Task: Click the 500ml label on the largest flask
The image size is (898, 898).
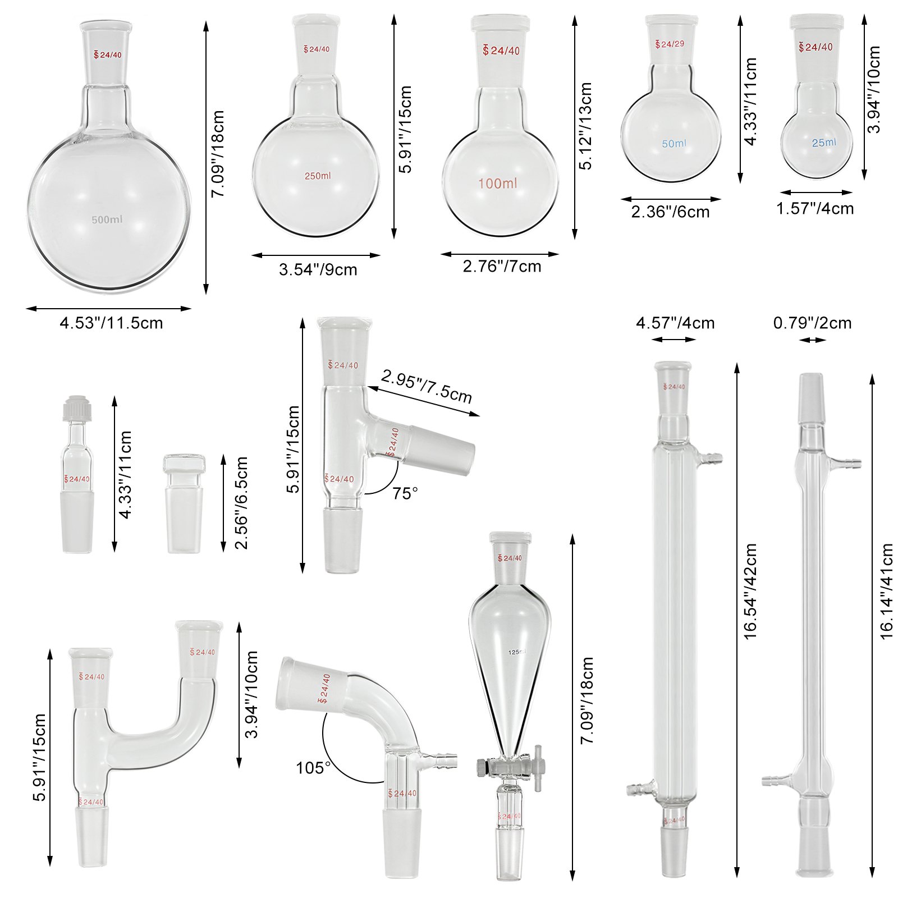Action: click(x=107, y=219)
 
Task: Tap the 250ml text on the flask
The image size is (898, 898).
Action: click(x=318, y=176)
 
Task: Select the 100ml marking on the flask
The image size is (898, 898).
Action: click(x=498, y=184)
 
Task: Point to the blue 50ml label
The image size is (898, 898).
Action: click(x=674, y=144)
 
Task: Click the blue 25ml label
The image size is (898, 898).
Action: click(x=824, y=143)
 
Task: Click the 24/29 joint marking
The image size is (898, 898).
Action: click(x=670, y=44)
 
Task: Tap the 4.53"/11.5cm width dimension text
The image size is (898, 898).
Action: click(x=111, y=323)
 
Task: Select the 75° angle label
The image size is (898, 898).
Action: click(x=405, y=493)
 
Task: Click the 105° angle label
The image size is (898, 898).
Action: click(x=313, y=767)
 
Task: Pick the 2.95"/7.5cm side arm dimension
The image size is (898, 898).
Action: click(x=427, y=386)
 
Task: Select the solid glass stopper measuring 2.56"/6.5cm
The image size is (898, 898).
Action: click(x=184, y=504)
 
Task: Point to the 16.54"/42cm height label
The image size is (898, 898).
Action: click(x=750, y=590)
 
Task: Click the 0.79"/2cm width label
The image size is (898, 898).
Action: click(x=812, y=323)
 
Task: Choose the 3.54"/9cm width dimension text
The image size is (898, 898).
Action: click(x=318, y=269)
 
